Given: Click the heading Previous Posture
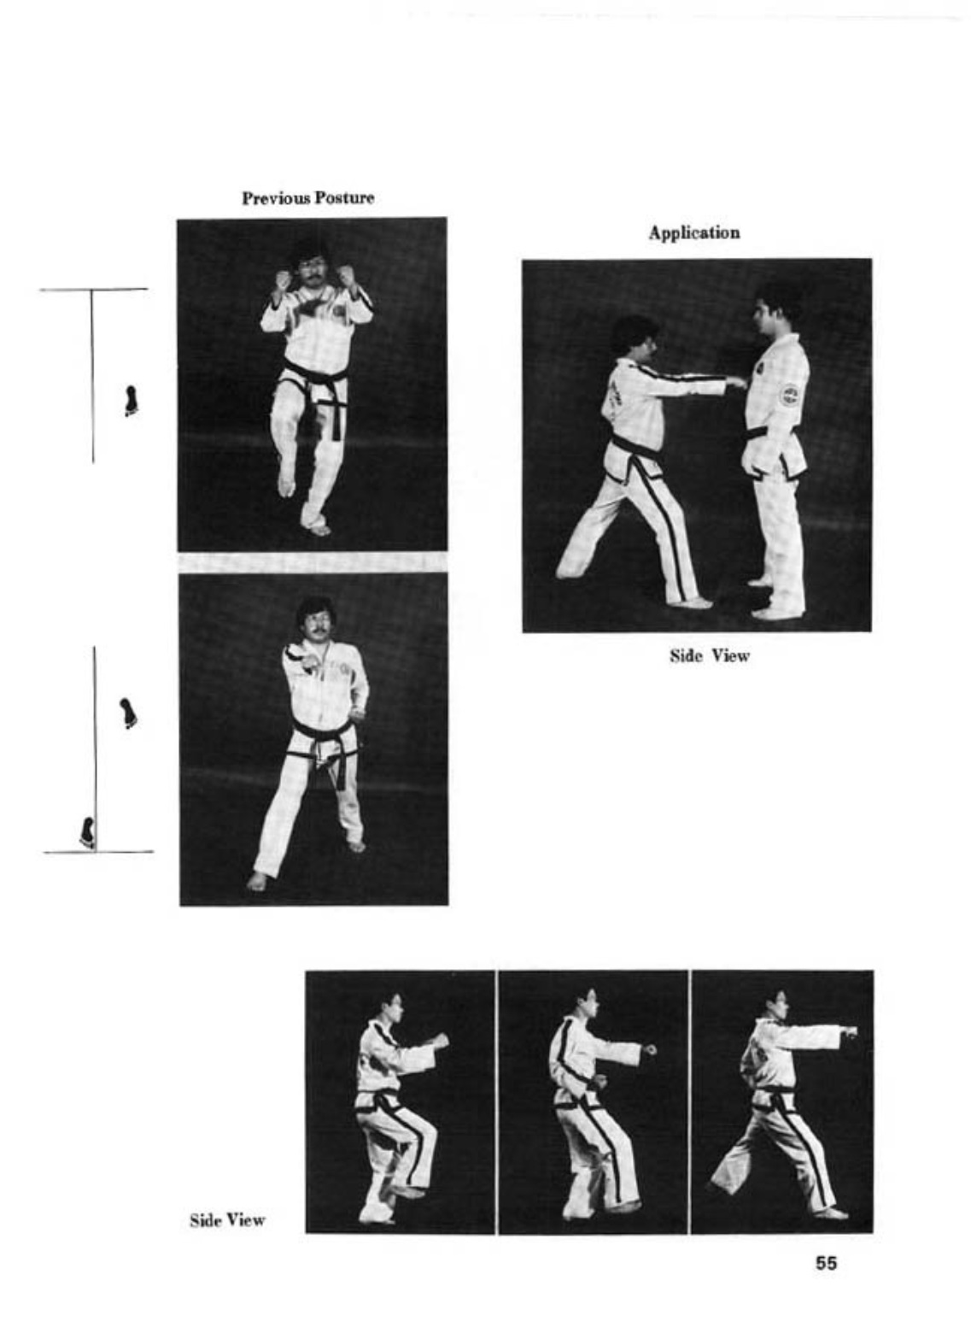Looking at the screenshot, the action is [307, 198].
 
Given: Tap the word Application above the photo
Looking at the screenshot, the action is [694, 232].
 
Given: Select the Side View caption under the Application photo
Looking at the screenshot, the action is [710, 655].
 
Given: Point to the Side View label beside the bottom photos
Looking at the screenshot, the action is [227, 1220].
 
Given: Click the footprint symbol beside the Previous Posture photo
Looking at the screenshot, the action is [130, 401].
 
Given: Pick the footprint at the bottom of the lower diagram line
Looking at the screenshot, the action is [87, 832].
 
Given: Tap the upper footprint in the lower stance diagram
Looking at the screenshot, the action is [128, 713].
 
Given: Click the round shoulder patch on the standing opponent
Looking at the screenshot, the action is [789, 396].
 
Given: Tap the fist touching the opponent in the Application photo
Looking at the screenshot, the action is [736, 381].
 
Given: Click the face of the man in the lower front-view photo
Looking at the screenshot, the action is [315, 625].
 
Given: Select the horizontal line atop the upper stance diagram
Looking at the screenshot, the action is [94, 290].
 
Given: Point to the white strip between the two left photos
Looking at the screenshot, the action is [313, 562].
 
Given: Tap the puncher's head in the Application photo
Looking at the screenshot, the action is [634, 337].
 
